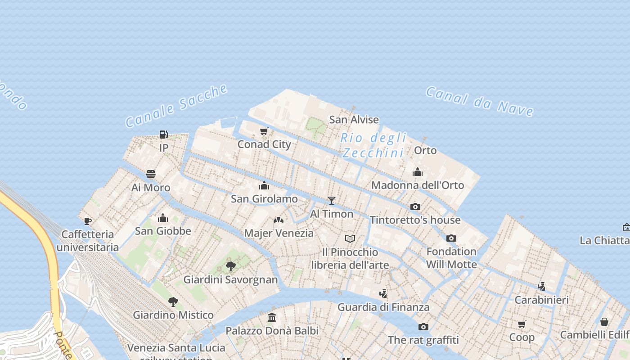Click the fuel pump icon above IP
pyautogui.click(x=163, y=134)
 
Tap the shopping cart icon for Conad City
pyautogui.click(x=264, y=131)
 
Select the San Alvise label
pyautogui.click(x=354, y=119)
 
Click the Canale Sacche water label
pyautogui.click(x=176, y=106)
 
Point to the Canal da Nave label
pyautogui.click(x=480, y=101)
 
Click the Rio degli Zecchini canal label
pyautogui.click(x=373, y=145)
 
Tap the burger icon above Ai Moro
pyautogui.click(x=151, y=174)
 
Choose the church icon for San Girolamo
pyautogui.click(x=264, y=185)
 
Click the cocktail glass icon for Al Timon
pyautogui.click(x=332, y=200)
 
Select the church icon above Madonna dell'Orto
pyautogui.click(x=418, y=172)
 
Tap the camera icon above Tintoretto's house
pyautogui.click(x=415, y=207)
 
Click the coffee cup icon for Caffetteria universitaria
pyautogui.click(x=88, y=221)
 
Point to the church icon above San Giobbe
pyautogui.click(x=163, y=218)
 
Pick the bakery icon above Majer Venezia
pyautogui.click(x=279, y=220)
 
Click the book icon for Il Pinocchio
pyautogui.click(x=350, y=238)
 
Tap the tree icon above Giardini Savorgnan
pyautogui.click(x=231, y=266)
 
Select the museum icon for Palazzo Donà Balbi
pyautogui.click(x=272, y=318)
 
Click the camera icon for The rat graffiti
pyautogui.click(x=423, y=327)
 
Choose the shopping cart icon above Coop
pyautogui.click(x=522, y=324)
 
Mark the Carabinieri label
pyautogui.click(x=541, y=300)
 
